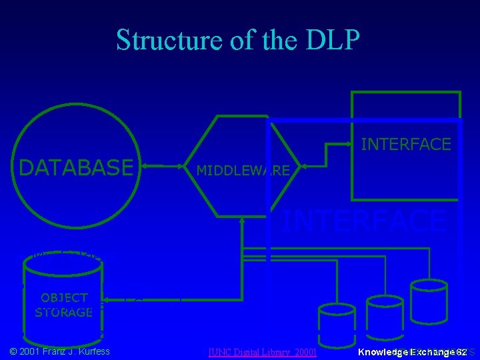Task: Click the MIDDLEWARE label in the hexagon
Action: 243,171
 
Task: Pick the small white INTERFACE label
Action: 405,144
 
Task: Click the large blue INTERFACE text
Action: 363,221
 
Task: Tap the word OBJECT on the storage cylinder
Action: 64,297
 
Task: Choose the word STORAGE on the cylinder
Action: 64,312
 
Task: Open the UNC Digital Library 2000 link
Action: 262,351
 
